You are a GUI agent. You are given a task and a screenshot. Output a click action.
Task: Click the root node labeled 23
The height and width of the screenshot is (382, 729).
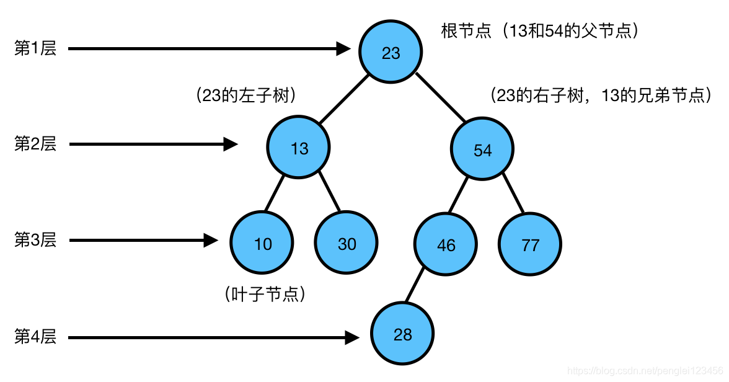click(391, 52)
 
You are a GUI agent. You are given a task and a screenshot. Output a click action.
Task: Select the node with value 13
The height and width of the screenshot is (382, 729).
click(299, 148)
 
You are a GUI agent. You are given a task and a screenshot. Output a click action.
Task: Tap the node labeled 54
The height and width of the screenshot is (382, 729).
click(482, 149)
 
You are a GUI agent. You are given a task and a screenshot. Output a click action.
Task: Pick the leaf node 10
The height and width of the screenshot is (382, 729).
click(262, 243)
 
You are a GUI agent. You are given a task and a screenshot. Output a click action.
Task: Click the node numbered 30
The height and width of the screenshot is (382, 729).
click(346, 243)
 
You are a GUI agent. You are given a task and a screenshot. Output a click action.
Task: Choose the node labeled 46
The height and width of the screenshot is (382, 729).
click(446, 244)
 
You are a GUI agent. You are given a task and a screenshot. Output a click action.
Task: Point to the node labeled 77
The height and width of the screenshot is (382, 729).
click(530, 244)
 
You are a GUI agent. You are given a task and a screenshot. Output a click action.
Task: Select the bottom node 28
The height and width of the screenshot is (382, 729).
click(402, 335)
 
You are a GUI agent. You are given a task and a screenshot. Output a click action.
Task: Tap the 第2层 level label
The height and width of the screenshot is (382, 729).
click(35, 144)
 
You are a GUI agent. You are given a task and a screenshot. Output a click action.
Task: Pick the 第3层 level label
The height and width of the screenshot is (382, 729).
click(35, 240)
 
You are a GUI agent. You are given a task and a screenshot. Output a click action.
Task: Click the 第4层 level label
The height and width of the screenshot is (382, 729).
click(35, 337)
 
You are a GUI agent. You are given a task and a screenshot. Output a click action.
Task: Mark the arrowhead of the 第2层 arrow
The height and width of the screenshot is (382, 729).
click(231, 144)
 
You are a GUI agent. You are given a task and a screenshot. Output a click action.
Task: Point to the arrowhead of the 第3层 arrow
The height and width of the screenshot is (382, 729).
click(212, 240)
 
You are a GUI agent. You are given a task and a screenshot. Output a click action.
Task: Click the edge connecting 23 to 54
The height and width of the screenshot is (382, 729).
click(441, 97)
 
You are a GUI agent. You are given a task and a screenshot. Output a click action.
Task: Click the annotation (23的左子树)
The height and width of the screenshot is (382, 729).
click(245, 95)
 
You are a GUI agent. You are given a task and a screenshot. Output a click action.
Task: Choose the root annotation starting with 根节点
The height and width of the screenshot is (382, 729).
click(539, 30)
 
